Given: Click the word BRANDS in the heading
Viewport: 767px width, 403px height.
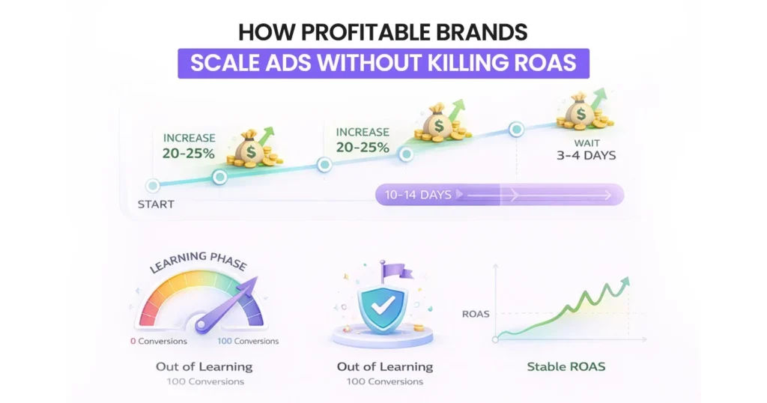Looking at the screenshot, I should click(x=486, y=33).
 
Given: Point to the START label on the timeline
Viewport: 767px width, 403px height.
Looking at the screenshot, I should click(x=156, y=204).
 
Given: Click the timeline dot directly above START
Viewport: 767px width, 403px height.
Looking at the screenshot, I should click(x=153, y=185).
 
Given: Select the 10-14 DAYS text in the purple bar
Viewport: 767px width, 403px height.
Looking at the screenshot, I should click(x=418, y=195).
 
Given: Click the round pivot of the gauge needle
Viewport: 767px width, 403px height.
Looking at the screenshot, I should click(x=201, y=324).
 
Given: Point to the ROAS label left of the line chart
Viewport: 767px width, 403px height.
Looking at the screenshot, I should click(x=476, y=314).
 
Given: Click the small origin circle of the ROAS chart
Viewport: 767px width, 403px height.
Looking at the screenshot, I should click(x=495, y=339).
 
